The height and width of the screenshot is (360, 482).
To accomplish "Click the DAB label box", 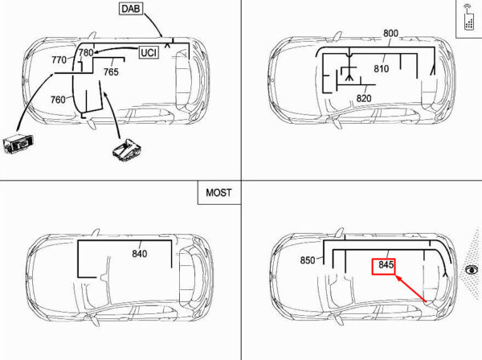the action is [x=131, y=9].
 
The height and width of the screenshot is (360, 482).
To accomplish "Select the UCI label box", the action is [x=149, y=52].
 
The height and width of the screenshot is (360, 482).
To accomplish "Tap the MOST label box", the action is [x=219, y=193].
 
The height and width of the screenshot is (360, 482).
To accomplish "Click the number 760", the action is [x=58, y=100].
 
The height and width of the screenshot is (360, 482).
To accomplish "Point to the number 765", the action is [x=111, y=72].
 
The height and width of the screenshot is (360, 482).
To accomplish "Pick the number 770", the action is [x=59, y=59].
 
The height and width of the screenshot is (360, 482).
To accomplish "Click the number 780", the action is [x=86, y=52].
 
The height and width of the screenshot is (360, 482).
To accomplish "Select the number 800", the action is [x=390, y=33].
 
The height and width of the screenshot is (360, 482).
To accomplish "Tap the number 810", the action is [x=382, y=68].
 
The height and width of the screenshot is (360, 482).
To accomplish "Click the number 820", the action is [x=364, y=98].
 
